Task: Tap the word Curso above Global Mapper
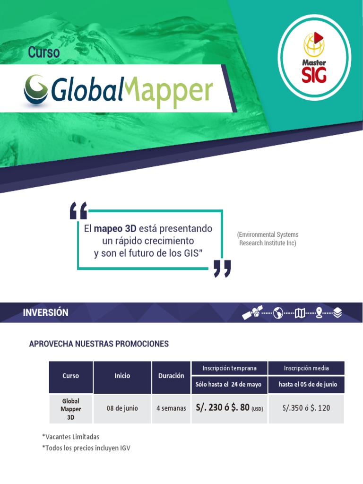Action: coord(44,52)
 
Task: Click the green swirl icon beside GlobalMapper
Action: coord(37,89)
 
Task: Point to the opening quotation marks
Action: coord(78,211)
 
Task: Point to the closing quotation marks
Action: coord(222,268)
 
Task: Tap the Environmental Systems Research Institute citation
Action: coord(268,239)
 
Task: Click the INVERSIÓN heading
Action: coord(46,312)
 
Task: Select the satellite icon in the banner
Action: coord(252,312)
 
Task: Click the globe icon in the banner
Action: coord(278,312)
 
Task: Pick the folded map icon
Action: coord(300,312)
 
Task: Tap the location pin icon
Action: coord(319,312)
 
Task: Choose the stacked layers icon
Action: coord(337,312)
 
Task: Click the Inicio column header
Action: coord(122,376)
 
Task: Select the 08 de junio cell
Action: coord(122,408)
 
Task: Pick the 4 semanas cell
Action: coord(171,408)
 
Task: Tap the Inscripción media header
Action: coord(306,368)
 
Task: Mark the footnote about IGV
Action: coord(86,448)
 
